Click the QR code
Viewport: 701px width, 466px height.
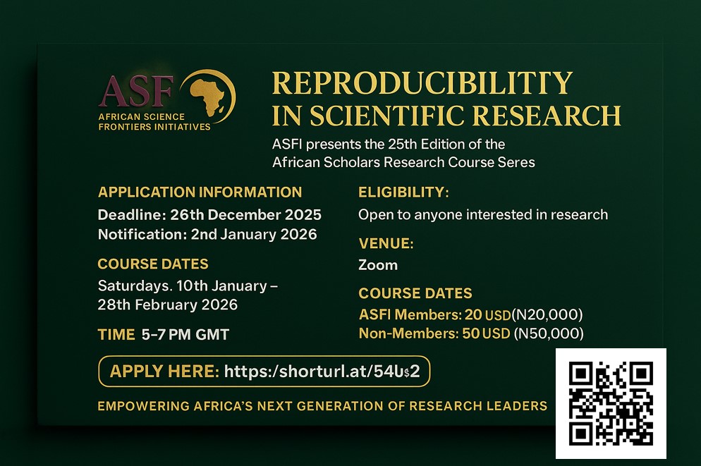[x=611, y=403]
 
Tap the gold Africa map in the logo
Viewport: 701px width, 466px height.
[x=207, y=96]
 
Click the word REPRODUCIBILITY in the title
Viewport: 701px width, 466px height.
[x=422, y=83]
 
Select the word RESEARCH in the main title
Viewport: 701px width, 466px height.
[x=547, y=116]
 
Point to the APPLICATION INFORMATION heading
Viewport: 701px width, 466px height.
[x=200, y=192]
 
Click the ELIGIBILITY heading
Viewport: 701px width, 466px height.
[x=403, y=192]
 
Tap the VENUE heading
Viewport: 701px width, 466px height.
[x=386, y=243]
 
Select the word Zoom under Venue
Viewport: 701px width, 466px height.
[x=378, y=265]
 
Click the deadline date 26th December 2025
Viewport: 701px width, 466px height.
[x=246, y=215]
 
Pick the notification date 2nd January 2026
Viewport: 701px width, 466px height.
[x=254, y=235]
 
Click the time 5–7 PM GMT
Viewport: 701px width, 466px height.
[x=185, y=335]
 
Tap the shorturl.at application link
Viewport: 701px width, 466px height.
[x=322, y=372]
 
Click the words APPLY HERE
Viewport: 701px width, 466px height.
[x=164, y=372]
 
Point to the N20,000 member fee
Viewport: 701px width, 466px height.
[x=547, y=315]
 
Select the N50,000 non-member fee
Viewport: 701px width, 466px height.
[x=549, y=333]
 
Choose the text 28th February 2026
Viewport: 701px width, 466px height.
[x=168, y=305]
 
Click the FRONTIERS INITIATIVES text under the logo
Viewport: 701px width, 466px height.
[x=154, y=127]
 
